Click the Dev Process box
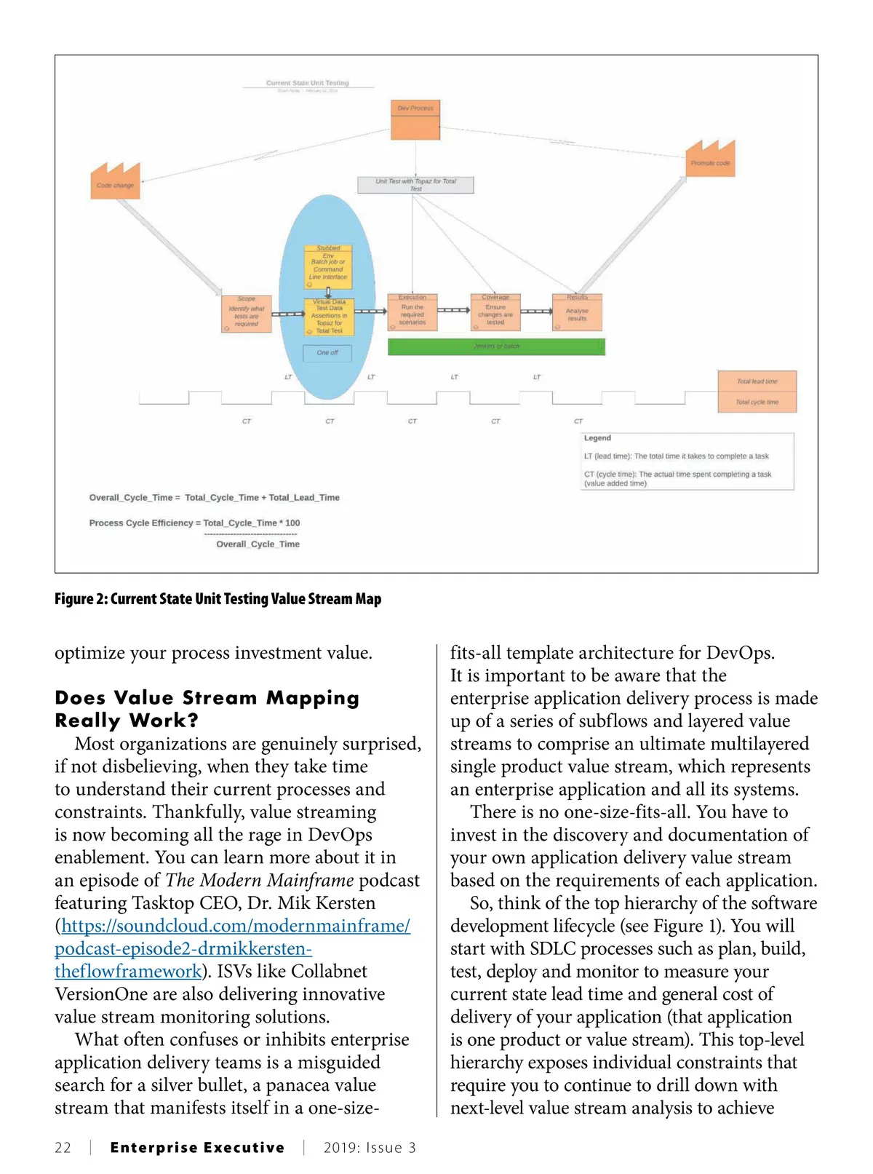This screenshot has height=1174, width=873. coord(415,120)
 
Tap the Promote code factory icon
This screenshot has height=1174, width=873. coord(710,160)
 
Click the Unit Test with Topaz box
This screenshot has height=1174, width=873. coord(415,185)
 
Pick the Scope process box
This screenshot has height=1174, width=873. coord(247,314)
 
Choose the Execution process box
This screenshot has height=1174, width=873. coord(412,312)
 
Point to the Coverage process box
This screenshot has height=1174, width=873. coord(495,312)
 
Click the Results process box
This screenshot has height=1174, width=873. coord(577,312)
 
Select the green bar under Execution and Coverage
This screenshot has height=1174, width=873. coord(496,346)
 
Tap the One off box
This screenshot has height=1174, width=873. coord(327,353)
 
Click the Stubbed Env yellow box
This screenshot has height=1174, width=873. coord(328,266)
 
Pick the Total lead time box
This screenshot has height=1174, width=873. coord(757,381)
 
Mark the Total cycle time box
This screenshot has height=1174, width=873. coord(757,402)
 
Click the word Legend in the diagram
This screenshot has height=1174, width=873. coord(597,438)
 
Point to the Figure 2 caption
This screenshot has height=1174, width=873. coord(218,599)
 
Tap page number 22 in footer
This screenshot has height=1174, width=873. coord(63,1148)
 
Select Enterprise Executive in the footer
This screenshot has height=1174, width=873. coord(197,1148)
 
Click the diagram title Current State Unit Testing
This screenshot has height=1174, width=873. coord(307,83)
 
